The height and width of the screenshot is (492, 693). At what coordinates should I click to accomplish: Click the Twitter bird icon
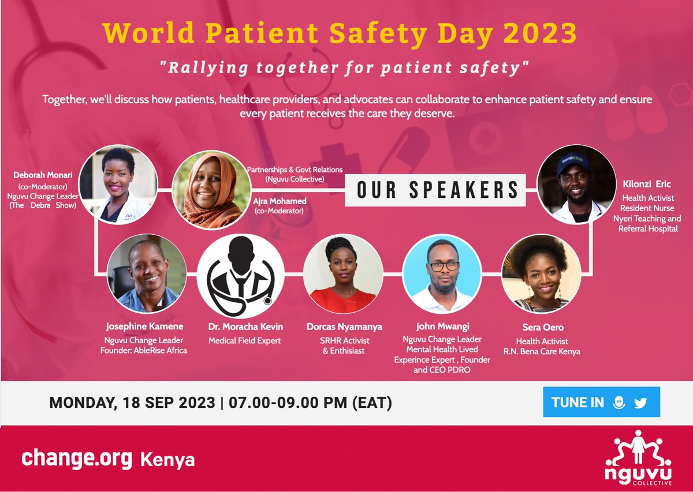click(640, 403)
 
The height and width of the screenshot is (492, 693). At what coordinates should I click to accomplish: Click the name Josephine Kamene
click(144, 327)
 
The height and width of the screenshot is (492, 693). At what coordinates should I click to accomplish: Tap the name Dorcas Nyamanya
click(344, 327)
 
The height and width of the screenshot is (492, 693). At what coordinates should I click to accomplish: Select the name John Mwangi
click(442, 327)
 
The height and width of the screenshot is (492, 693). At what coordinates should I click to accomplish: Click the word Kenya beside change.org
click(167, 460)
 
